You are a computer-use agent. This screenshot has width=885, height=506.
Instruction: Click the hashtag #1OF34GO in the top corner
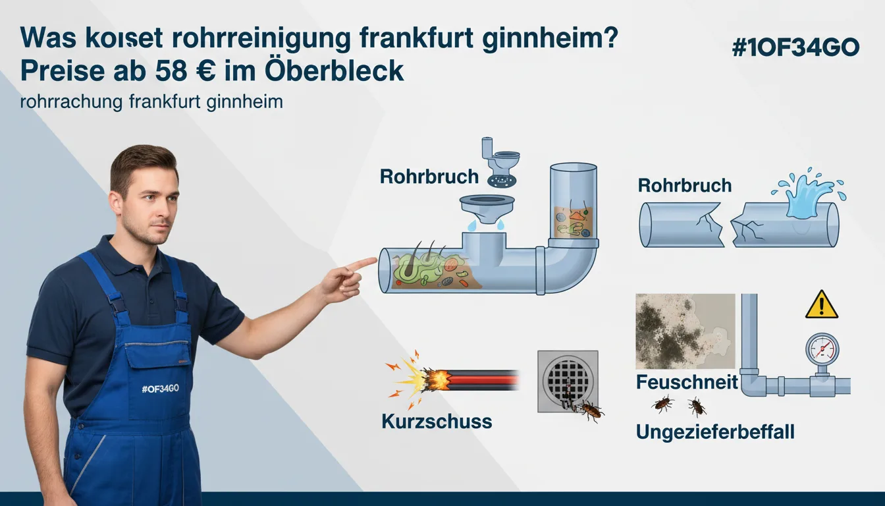[795, 48]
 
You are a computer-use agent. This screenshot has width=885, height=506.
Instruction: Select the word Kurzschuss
[437, 422]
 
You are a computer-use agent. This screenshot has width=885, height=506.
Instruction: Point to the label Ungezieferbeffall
[715, 432]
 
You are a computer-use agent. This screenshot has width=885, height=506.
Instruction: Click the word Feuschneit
[687, 382]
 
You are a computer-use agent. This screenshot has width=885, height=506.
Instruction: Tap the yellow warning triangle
[822, 305]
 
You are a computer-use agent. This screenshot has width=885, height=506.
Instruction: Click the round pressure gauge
[822, 350]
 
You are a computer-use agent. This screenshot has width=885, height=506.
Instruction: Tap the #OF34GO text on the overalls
[160, 389]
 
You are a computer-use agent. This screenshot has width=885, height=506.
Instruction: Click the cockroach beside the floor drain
[591, 412]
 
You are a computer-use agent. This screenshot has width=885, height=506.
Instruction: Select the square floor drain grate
[568, 381]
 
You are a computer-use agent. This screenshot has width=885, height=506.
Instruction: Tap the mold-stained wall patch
[685, 331]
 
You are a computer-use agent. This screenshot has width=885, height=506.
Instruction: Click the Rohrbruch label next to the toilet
[429, 177]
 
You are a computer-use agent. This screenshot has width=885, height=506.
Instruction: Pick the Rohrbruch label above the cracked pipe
[685, 185]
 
